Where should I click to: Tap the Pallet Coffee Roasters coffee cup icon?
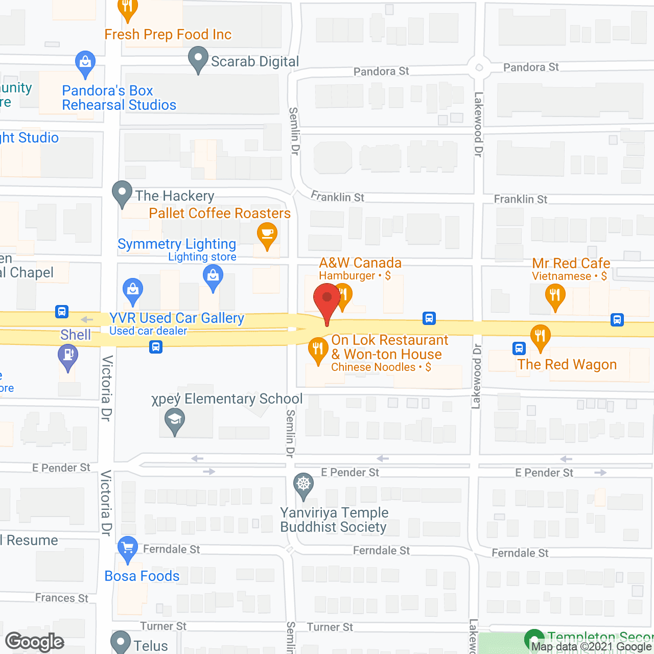click(267, 235)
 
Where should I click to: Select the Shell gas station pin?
click(68, 355)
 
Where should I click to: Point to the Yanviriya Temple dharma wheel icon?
click(303, 484)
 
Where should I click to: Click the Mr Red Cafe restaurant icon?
click(555, 295)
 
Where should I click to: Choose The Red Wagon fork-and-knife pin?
click(540, 337)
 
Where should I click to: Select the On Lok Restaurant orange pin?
click(318, 349)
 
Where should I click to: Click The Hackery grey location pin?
click(122, 193)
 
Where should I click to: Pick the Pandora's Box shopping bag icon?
click(85, 63)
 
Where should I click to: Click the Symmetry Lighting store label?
click(177, 244)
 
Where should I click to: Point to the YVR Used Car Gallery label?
click(177, 318)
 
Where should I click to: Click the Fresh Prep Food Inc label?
click(168, 35)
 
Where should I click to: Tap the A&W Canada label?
click(360, 263)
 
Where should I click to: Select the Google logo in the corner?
click(35, 642)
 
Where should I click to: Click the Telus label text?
click(151, 646)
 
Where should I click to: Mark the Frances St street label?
click(62, 598)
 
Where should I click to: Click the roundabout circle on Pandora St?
click(479, 67)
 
